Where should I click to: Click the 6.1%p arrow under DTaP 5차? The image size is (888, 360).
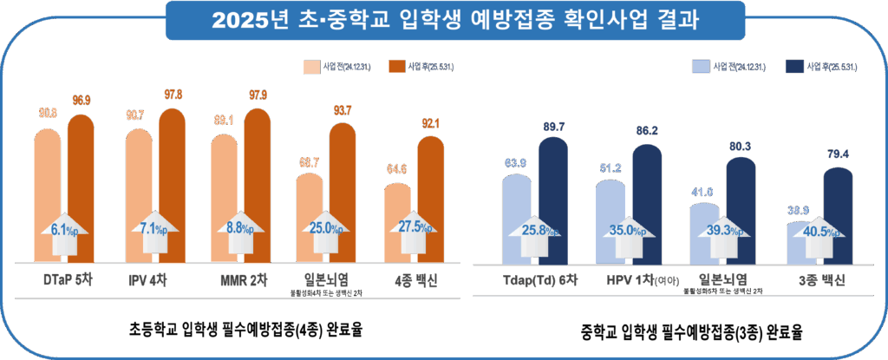64,230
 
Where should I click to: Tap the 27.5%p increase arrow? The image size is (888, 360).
415,230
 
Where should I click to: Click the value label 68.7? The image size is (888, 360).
310,163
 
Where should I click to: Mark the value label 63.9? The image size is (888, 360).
517,163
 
